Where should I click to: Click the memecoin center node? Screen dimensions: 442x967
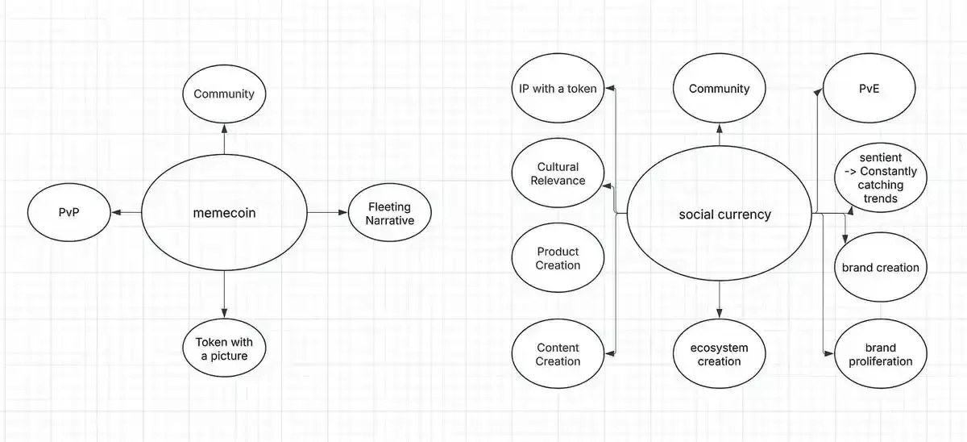click(x=224, y=214)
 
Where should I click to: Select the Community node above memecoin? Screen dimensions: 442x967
click(x=224, y=94)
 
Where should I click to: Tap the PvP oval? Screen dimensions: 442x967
click(x=68, y=213)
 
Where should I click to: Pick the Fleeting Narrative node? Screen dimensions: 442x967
click(x=390, y=213)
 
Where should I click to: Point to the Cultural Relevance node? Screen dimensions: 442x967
click(x=558, y=174)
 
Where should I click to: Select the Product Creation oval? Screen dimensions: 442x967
click(x=558, y=258)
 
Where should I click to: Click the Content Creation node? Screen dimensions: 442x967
click(x=558, y=355)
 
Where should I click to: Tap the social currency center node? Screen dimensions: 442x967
click(x=719, y=215)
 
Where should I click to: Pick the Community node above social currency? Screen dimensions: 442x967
click(x=719, y=89)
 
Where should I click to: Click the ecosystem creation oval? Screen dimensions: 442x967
click(x=719, y=355)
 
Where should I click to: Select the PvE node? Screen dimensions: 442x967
click(x=869, y=89)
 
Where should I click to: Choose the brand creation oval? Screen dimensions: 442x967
click(x=880, y=268)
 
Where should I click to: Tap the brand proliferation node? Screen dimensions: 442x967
click(x=880, y=355)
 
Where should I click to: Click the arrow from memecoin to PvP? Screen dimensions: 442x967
click(x=126, y=213)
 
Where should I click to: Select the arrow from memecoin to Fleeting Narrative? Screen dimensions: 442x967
click(x=327, y=213)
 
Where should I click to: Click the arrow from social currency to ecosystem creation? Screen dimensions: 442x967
click(x=719, y=298)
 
